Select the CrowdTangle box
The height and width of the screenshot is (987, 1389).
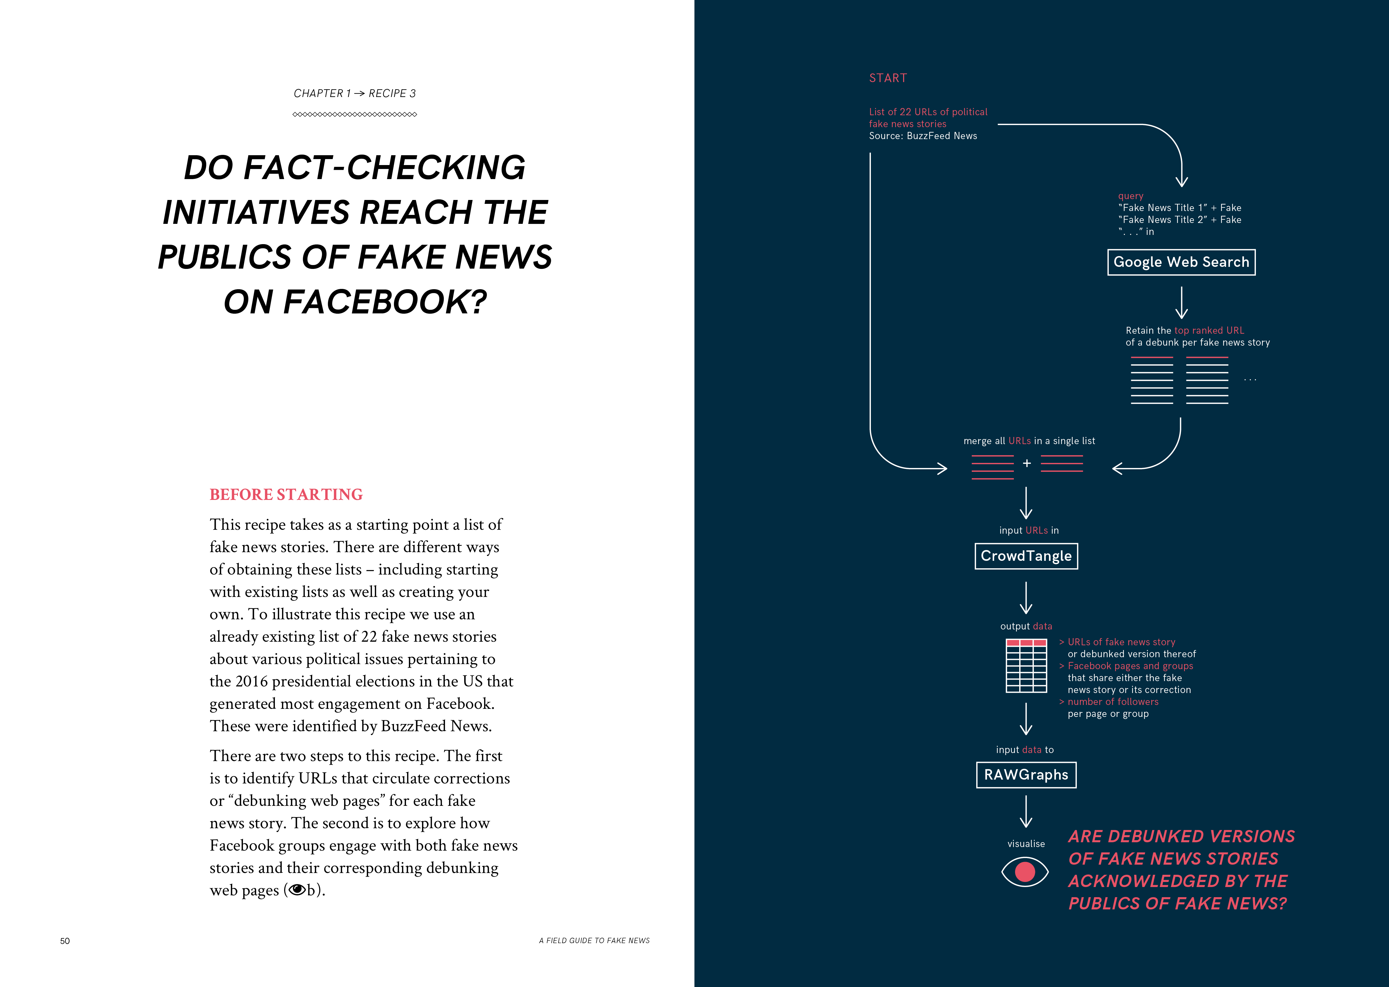(x=1026, y=556)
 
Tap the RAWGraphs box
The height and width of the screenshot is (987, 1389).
(x=1026, y=775)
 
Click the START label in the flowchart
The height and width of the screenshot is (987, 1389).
(x=888, y=78)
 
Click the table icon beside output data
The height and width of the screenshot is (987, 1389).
(x=1026, y=666)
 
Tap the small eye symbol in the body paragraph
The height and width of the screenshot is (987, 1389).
(x=297, y=890)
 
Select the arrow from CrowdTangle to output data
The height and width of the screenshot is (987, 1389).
(x=1026, y=598)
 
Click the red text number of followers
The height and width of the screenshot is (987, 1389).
(x=1113, y=702)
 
